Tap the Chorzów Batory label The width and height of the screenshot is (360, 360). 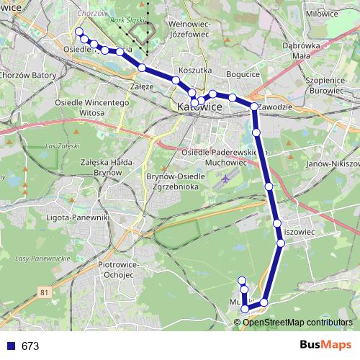pos(28,74)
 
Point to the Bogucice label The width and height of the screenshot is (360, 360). pos(243,74)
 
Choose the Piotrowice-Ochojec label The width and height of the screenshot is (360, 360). pos(116,270)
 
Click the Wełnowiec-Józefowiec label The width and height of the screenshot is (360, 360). pos(189,28)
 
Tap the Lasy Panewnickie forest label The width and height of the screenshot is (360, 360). pos(42,258)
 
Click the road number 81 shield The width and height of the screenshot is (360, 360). pos(46,292)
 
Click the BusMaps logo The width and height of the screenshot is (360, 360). pos(325,345)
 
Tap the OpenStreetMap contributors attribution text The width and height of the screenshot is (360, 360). pos(297,322)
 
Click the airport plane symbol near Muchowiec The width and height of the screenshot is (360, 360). pos(226,177)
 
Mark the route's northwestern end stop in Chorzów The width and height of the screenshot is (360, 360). pos(78,31)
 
